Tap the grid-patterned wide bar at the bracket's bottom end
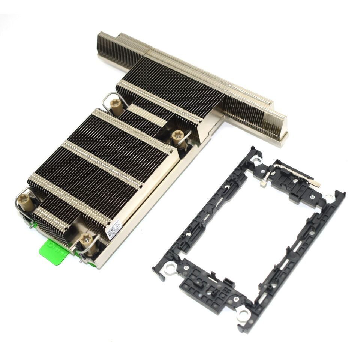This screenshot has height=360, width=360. click(x=210, y=287)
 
